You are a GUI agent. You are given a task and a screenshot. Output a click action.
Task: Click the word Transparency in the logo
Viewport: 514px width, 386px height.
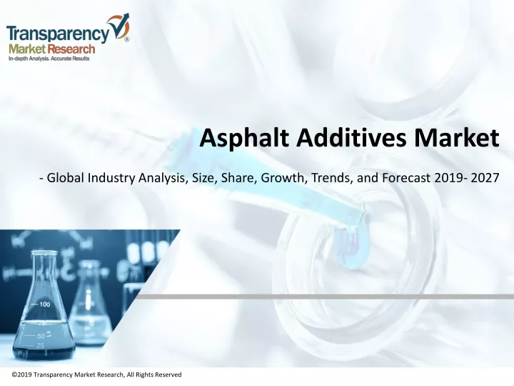pyautogui.click(x=59, y=35)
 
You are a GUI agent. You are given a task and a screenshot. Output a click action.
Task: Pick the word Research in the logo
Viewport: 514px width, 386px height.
pyautogui.click(x=72, y=49)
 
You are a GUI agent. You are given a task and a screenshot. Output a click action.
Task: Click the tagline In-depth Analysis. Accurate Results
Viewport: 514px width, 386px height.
pyautogui.click(x=49, y=59)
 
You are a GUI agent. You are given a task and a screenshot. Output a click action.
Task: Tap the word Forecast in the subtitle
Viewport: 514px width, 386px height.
pyautogui.click(x=406, y=178)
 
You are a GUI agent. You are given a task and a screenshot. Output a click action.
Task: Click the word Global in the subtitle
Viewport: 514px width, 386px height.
pyautogui.click(x=66, y=178)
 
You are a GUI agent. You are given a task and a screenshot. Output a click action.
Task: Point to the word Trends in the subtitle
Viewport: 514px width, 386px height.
pyautogui.click(x=331, y=178)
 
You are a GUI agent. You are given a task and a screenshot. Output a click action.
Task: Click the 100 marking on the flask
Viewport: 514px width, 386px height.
pyautogui.click(x=44, y=305)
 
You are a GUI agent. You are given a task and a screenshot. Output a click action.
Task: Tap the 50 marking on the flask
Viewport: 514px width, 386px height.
pyautogui.click(x=41, y=336)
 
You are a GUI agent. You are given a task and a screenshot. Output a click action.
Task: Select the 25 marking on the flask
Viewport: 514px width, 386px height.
pyautogui.click(x=40, y=346)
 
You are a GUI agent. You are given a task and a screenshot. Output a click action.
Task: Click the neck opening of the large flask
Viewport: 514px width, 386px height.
pyautogui.click(x=44, y=253)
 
